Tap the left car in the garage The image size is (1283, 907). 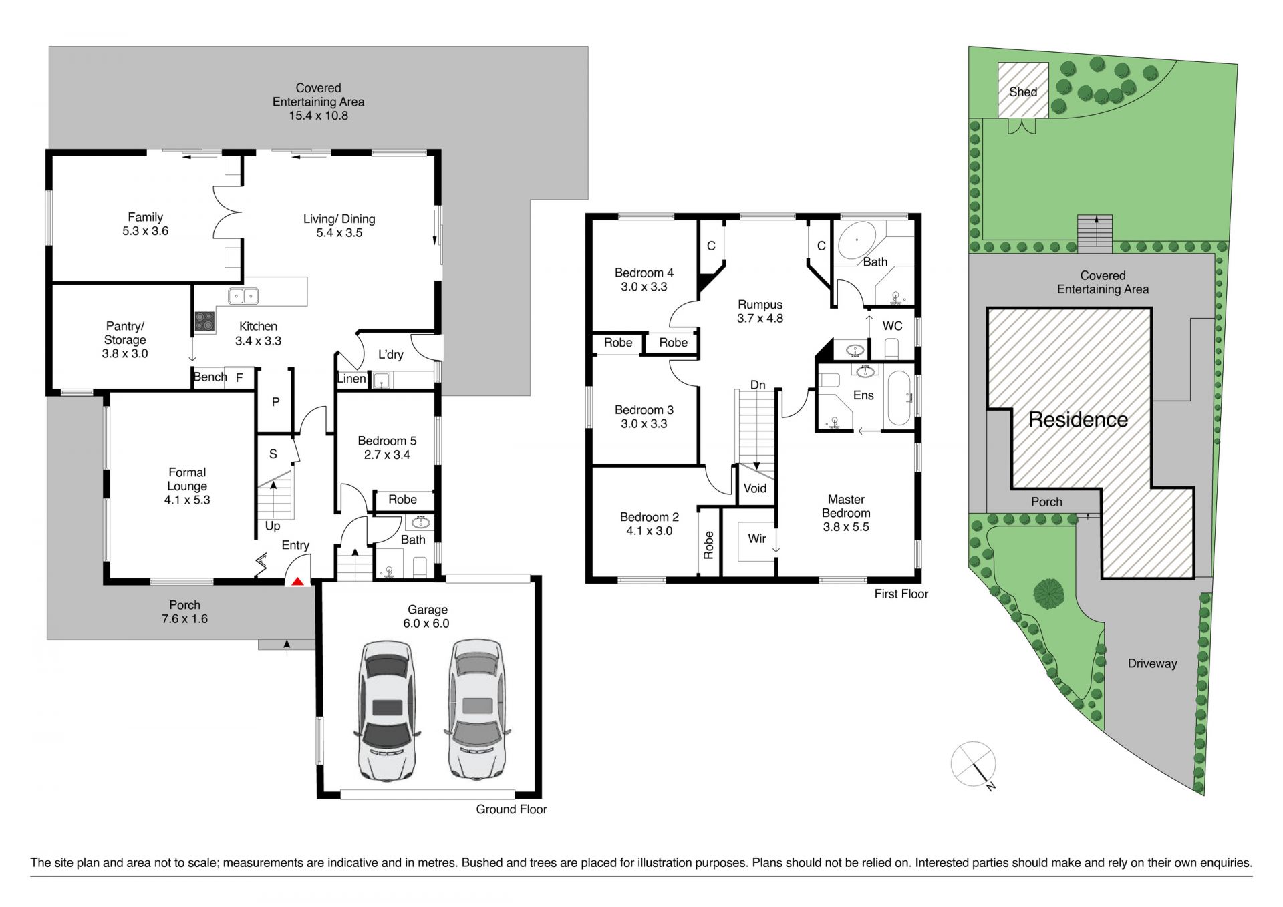click(387, 711)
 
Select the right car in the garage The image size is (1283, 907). click(477, 709)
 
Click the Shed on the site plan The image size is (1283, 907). click(1023, 90)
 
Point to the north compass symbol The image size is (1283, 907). click(974, 765)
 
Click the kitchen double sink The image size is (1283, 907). click(243, 295)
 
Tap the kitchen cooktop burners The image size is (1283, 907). click(204, 322)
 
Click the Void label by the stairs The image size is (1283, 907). click(755, 488)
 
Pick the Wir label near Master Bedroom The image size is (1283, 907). click(757, 538)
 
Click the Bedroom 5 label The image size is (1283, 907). click(387, 441)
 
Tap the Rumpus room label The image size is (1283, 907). click(760, 305)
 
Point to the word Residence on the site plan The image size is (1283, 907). click(1078, 419)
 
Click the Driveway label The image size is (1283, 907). click(1153, 663)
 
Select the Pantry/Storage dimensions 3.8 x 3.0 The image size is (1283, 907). click(125, 353)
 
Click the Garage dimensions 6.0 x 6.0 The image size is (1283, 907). click(426, 623)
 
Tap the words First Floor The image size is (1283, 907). click(901, 594)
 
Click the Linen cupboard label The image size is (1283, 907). click(351, 379)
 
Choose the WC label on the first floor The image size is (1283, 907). click(893, 326)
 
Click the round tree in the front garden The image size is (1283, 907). click(1048, 593)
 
